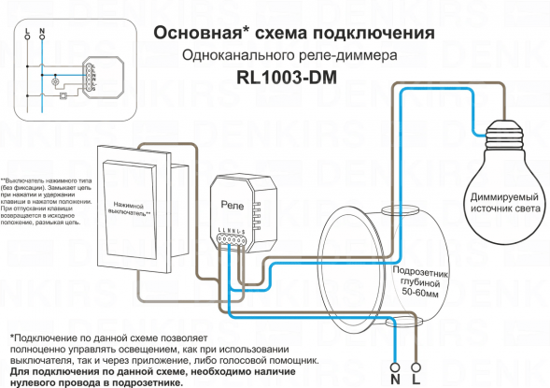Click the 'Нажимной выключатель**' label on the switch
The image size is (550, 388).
tap(133, 208)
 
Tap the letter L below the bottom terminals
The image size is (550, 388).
tap(416, 380)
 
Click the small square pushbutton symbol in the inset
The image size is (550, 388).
tap(62, 93)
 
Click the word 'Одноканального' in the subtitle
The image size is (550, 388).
tap(234, 56)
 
